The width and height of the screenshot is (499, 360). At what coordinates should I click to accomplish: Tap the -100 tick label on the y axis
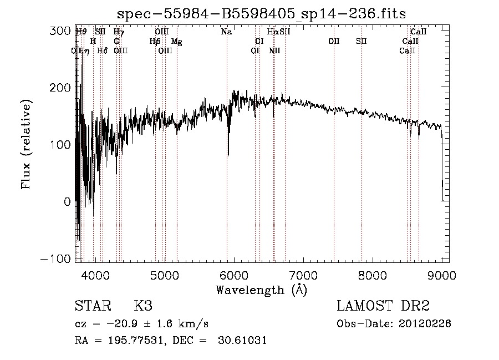click(58, 259)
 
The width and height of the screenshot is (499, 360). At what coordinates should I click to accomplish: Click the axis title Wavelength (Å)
click(261, 290)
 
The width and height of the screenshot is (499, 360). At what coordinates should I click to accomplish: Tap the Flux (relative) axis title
click(26, 144)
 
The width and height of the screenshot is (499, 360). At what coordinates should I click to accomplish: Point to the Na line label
click(226, 32)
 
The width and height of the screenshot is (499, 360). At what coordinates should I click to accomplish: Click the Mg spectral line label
click(176, 42)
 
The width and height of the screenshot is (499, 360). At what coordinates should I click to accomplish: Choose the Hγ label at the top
click(119, 32)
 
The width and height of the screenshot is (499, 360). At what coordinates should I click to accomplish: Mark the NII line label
click(274, 51)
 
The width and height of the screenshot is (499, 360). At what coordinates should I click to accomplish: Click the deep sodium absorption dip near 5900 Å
click(228, 150)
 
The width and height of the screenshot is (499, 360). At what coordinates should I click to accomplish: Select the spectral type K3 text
click(143, 306)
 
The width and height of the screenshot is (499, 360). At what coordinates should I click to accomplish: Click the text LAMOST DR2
click(383, 306)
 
